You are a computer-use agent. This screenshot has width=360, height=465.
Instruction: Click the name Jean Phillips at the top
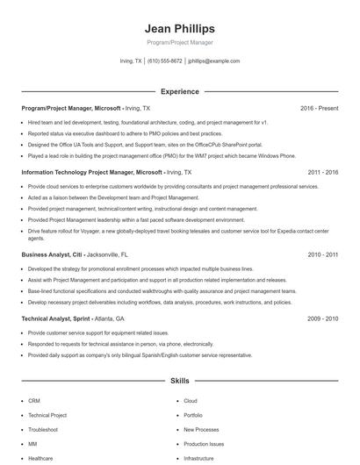(179, 28)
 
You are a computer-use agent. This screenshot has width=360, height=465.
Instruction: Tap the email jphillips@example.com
(213, 61)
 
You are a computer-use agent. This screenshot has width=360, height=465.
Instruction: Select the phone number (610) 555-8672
(165, 61)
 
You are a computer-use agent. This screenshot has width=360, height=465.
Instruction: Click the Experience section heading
(179, 91)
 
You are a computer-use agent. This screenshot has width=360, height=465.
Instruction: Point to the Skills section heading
(179, 383)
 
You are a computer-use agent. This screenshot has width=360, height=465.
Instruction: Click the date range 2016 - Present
(319, 108)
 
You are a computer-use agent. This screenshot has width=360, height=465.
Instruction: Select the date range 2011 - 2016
(322, 173)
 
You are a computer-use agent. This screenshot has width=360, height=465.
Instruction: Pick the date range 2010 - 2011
(322, 254)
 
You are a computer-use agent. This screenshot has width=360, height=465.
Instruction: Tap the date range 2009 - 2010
(322, 319)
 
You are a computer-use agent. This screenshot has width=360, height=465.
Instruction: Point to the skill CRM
(34, 401)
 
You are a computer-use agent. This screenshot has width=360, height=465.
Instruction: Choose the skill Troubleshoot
(43, 430)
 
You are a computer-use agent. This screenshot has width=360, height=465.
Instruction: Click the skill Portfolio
(193, 415)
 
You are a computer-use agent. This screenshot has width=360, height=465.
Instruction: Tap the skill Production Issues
(203, 444)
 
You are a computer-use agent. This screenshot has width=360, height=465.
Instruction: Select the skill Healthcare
(40, 458)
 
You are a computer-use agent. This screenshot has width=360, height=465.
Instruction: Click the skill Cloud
(190, 401)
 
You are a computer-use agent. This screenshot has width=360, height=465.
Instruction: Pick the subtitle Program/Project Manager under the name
(179, 42)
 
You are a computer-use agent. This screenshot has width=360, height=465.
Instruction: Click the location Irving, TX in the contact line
(131, 61)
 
